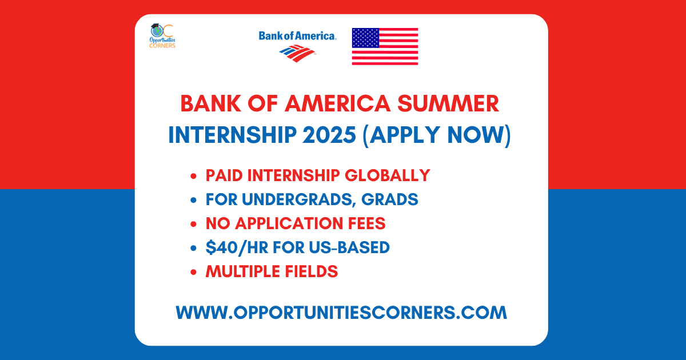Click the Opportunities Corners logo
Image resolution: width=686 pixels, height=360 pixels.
(x=162, y=36)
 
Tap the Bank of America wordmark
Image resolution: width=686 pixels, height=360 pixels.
(x=298, y=36)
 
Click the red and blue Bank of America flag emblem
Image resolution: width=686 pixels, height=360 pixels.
(x=297, y=53)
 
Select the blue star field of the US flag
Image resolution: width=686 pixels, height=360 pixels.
(x=366, y=38)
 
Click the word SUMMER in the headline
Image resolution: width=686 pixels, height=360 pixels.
(x=448, y=103)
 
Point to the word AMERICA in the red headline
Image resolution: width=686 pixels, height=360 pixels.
(x=337, y=103)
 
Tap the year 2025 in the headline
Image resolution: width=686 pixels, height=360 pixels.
(x=329, y=135)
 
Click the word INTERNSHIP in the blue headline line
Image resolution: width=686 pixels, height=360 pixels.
(x=233, y=135)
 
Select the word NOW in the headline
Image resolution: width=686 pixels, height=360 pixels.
(x=475, y=135)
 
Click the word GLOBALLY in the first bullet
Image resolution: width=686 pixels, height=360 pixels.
(x=388, y=175)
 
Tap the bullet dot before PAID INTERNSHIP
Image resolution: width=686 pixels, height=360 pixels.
(x=193, y=176)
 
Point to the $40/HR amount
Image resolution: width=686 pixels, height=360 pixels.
(x=237, y=247)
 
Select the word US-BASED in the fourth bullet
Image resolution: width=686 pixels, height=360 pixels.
(x=349, y=247)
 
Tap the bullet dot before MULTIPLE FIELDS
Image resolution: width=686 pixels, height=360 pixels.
(x=193, y=272)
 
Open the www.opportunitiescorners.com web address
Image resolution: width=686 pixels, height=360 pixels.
(x=341, y=313)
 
